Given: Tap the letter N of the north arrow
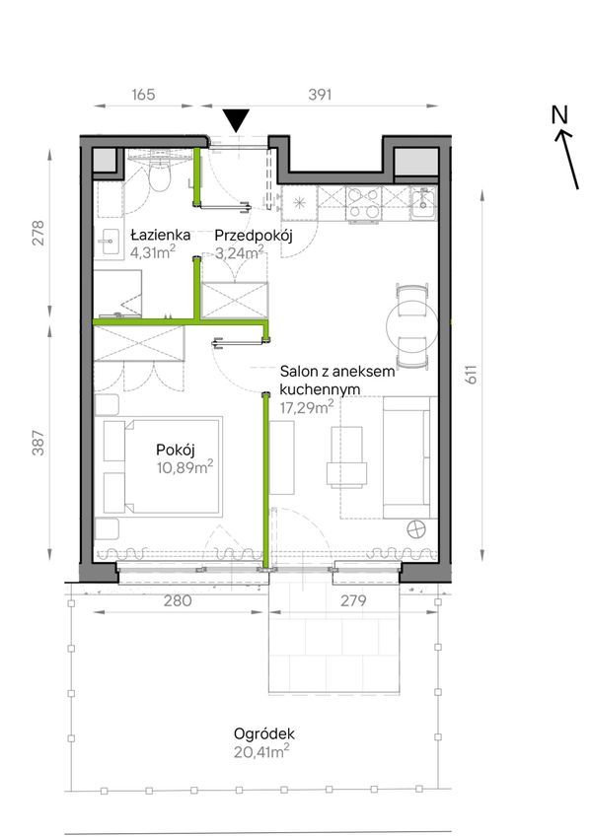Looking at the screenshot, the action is click(559, 114).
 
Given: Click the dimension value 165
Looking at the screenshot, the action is click(143, 95).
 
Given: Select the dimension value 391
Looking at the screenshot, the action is click(320, 95).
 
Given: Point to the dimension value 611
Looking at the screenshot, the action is click(471, 375).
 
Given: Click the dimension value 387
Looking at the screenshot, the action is click(38, 443).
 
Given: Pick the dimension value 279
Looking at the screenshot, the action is click(353, 601).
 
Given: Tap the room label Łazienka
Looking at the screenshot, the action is click(161, 235).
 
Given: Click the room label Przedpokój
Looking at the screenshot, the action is click(254, 236).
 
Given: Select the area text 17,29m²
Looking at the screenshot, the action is click(307, 408).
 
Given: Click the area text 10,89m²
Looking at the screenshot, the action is click(185, 468).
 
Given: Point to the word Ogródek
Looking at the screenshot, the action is click(264, 733).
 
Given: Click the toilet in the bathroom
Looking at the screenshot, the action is click(159, 173).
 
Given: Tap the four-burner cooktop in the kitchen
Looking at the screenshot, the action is click(364, 203).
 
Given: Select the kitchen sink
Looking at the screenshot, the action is click(423, 203).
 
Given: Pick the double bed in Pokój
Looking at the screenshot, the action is click(163, 467).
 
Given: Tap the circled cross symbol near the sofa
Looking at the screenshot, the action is click(416, 530).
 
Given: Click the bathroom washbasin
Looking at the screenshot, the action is click(110, 243).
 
